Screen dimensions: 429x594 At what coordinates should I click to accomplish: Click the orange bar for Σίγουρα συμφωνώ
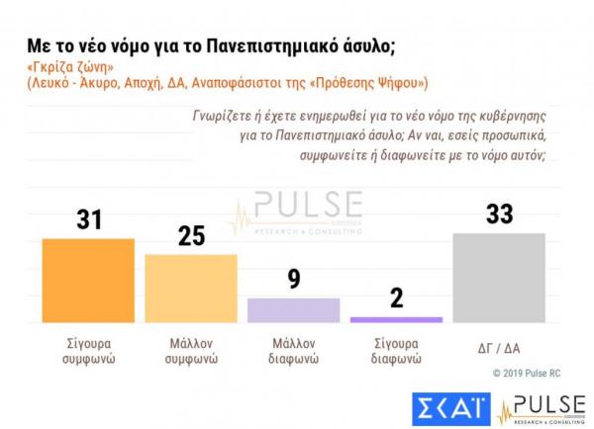(88, 280)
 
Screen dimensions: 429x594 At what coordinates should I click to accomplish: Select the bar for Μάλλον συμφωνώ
(191, 288)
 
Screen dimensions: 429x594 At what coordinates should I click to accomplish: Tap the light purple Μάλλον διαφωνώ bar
(293, 309)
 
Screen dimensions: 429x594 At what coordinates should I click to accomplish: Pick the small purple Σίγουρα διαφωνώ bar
(396, 319)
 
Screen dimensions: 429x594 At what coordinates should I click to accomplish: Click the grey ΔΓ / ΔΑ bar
(499, 277)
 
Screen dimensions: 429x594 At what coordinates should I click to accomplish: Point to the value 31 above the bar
(89, 219)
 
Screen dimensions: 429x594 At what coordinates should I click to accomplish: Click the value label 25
(191, 236)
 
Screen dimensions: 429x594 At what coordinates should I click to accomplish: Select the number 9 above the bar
(293, 280)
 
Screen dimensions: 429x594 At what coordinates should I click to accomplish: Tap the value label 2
(396, 299)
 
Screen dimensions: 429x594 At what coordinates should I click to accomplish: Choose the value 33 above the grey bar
(499, 214)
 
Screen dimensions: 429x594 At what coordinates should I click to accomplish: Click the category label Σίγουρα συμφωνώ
(88, 352)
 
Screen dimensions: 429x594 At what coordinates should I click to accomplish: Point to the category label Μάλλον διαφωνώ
(293, 352)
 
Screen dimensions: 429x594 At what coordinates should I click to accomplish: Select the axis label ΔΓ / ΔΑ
(499, 346)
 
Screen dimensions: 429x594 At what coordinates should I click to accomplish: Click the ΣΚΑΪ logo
(448, 408)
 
